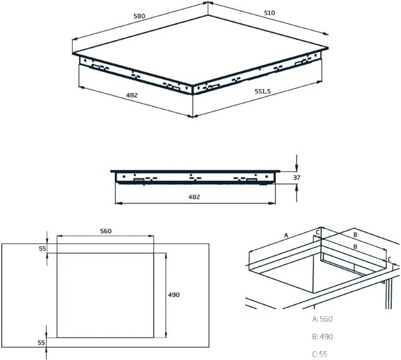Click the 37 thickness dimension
pos(296,177)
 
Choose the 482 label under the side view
pos(194,197)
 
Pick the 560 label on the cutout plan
pos(105,231)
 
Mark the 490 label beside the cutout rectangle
pos(173,295)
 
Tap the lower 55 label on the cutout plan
pos(42,343)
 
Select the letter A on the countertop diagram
pos(286,235)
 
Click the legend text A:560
pos(322,318)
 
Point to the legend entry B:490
pos(322,336)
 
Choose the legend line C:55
pos(320,354)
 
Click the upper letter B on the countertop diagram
pos(355,235)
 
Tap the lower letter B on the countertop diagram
pos(355,247)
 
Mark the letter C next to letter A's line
pos(317,232)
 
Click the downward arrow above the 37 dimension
pos(296,161)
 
